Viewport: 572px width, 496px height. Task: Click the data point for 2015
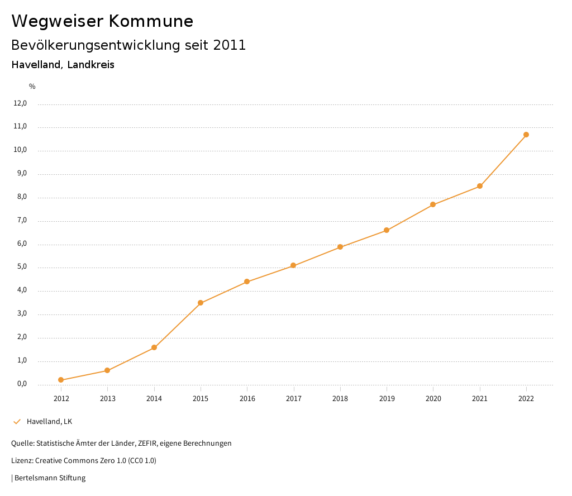pyautogui.click(x=201, y=303)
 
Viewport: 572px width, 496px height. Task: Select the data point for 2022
pyautogui.click(x=526, y=135)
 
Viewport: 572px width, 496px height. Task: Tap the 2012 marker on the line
pyautogui.click(x=61, y=380)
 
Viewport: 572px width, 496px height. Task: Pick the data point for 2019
pyautogui.click(x=387, y=230)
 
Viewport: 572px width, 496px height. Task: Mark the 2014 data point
pyautogui.click(x=154, y=347)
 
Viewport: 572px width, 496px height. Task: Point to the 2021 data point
pyautogui.click(x=480, y=186)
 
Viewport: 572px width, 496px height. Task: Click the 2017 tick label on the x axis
pyautogui.click(x=294, y=398)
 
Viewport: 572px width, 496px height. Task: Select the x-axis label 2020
pyautogui.click(x=433, y=398)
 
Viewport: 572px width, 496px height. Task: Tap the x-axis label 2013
pyautogui.click(x=108, y=398)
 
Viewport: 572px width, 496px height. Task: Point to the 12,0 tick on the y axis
pyautogui.click(x=20, y=103)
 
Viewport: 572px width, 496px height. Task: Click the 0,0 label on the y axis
pyautogui.click(x=22, y=384)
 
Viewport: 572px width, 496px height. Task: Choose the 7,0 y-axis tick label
pyautogui.click(x=22, y=220)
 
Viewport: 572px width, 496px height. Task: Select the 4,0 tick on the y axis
pyautogui.click(x=22, y=290)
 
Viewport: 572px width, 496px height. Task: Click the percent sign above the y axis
pyautogui.click(x=32, y=87)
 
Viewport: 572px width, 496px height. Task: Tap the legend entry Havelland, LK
pyautogui.click(x=49, y=421)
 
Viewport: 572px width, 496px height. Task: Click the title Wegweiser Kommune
pyautogui.click(x=102, y=21)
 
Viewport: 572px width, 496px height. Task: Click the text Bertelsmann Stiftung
pyautogui.click(x=50, y=478)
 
